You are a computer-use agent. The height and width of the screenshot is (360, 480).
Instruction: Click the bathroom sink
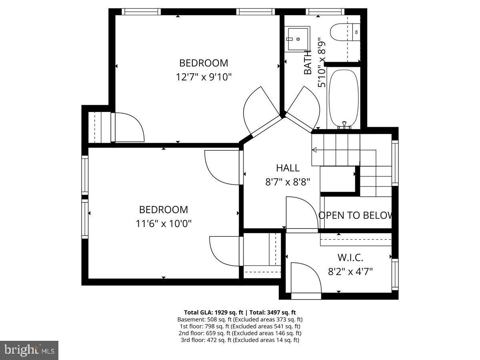point(297,39)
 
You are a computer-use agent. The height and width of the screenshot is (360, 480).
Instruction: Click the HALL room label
point(288,168)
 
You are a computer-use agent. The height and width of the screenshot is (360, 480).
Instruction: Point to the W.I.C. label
point(350,258)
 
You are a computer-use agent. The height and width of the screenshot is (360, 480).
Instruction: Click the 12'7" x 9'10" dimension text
point(204,77)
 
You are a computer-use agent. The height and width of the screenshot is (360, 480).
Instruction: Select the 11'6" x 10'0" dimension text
point(164,223)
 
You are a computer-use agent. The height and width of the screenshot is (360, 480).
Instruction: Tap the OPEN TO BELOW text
point(356,215)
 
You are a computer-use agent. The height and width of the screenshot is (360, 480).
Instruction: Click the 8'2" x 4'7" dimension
point(350,272)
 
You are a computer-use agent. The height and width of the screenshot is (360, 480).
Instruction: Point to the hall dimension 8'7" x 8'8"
point(288,182)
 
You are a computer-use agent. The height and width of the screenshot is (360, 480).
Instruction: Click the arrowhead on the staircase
point(314,150)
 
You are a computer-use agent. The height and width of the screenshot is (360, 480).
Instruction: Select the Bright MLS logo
point(29,350)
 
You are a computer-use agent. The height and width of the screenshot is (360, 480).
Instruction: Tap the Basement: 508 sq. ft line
point(240,319)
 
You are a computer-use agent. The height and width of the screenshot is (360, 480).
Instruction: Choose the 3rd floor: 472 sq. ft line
point(240,340)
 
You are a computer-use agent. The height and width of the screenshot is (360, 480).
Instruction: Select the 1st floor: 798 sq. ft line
point(240,326)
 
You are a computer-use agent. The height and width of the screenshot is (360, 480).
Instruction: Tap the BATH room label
point(308,62)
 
